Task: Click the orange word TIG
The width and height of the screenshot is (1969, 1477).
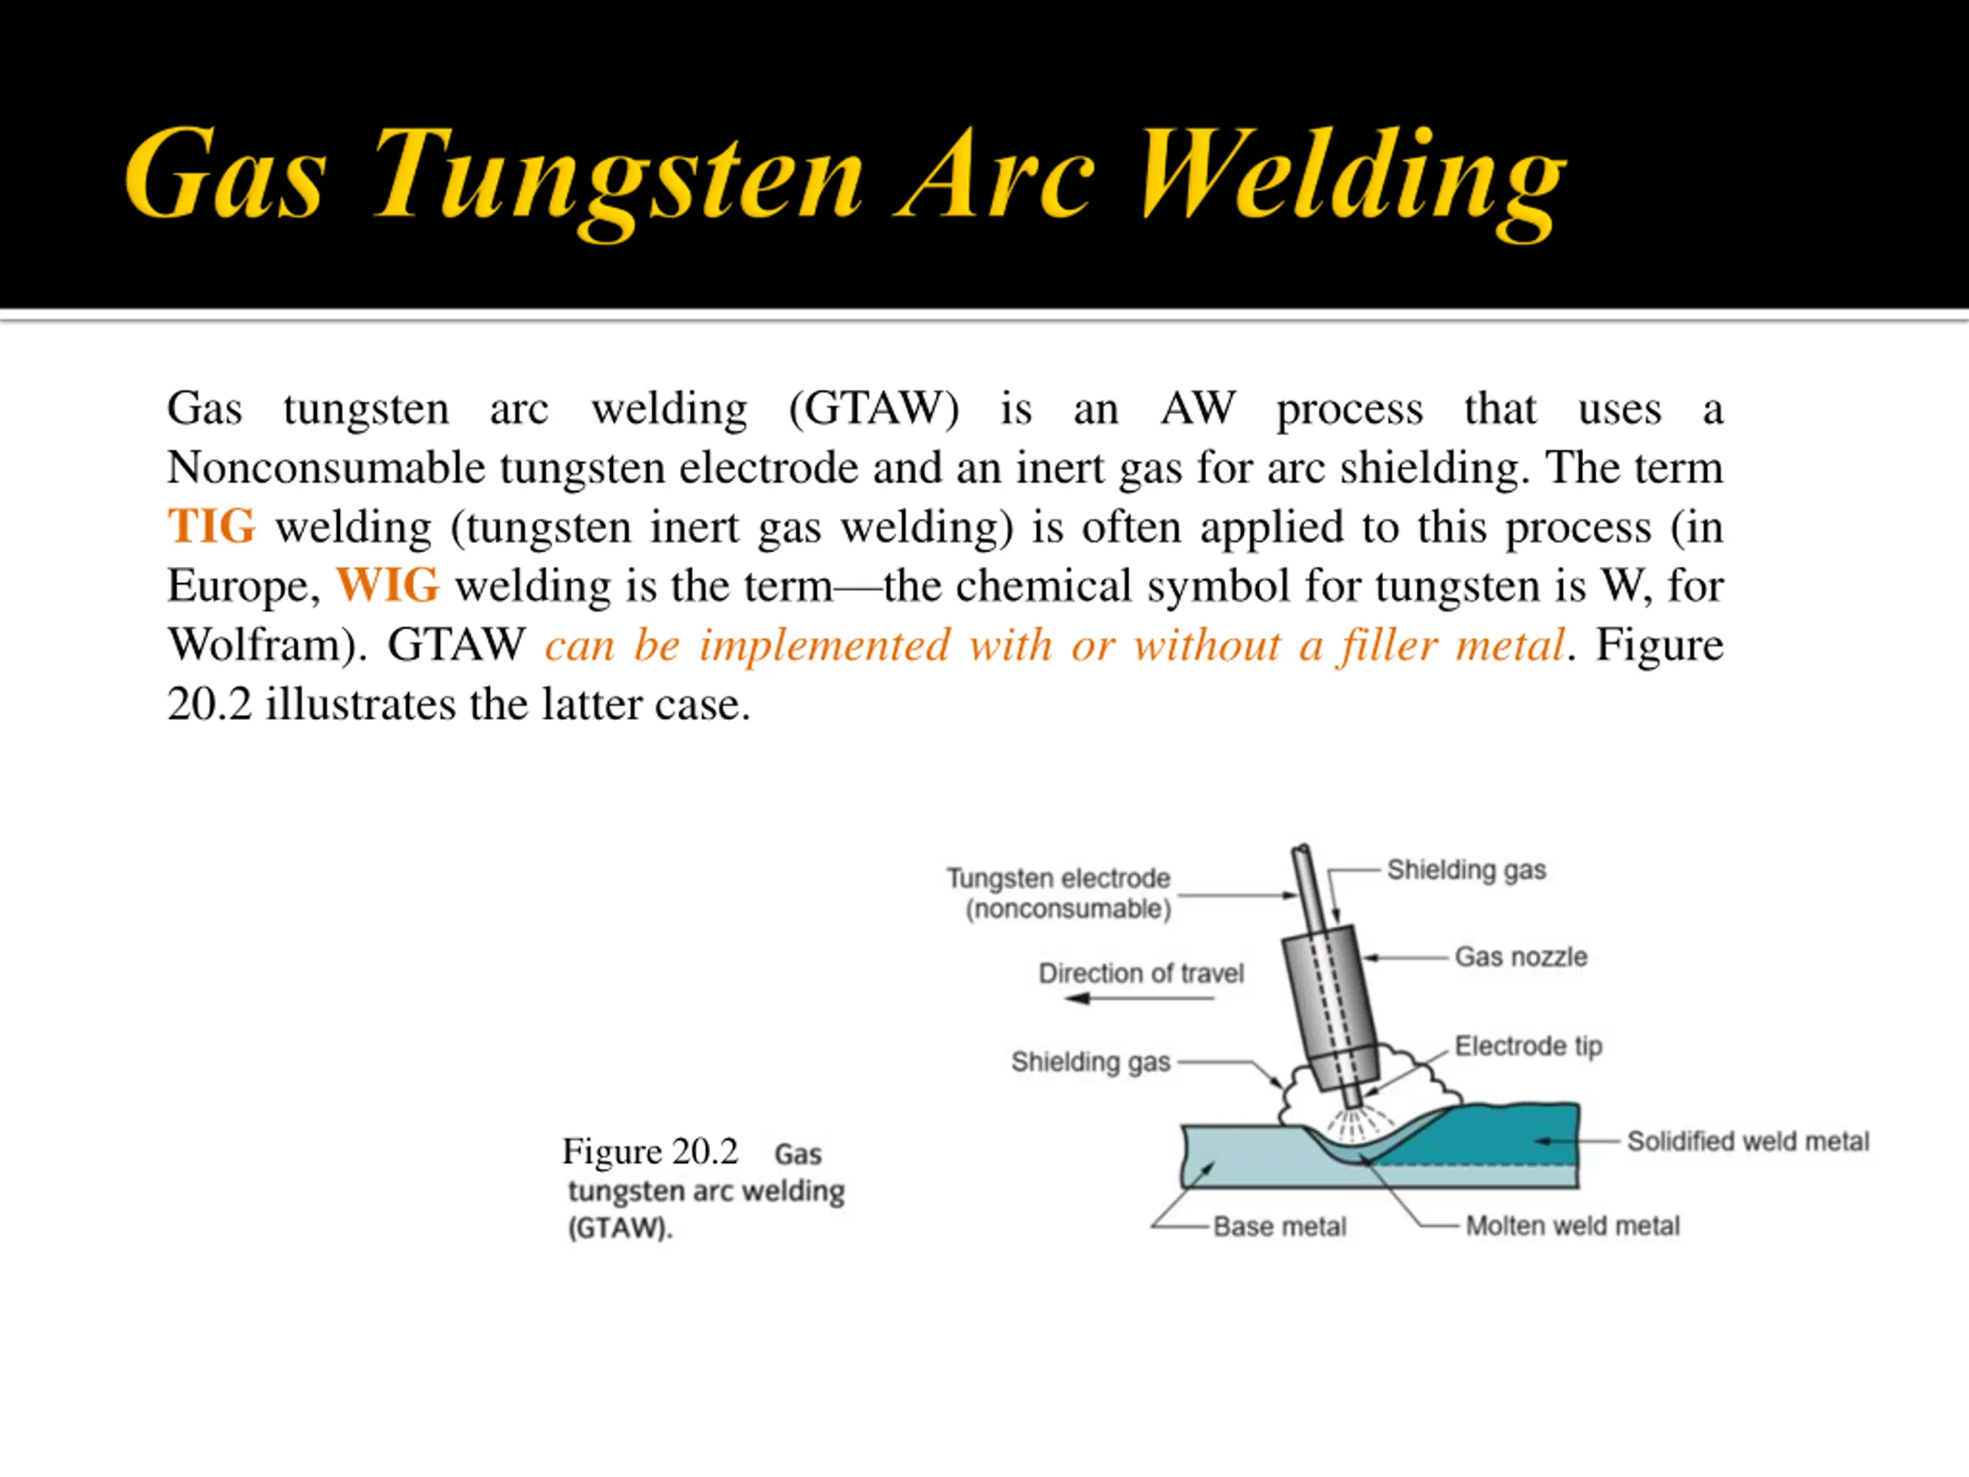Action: (212, 526)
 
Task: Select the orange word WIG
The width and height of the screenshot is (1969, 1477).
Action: (387, 586)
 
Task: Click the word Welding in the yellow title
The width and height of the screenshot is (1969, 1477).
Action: (1352, 174)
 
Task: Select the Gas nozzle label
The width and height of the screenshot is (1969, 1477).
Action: (1521, 957)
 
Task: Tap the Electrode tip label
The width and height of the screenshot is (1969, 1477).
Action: (1528, 1045)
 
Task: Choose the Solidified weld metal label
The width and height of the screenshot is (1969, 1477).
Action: (1747, 1141)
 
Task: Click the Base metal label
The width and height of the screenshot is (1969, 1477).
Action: (1279, 1227)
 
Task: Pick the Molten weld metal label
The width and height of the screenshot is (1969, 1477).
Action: (1572, 1226)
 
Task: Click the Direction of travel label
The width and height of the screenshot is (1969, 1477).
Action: (1141, 973)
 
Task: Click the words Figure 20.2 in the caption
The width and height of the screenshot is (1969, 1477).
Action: (650, 1151)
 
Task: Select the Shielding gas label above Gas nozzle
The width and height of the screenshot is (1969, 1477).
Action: (1466, 870)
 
